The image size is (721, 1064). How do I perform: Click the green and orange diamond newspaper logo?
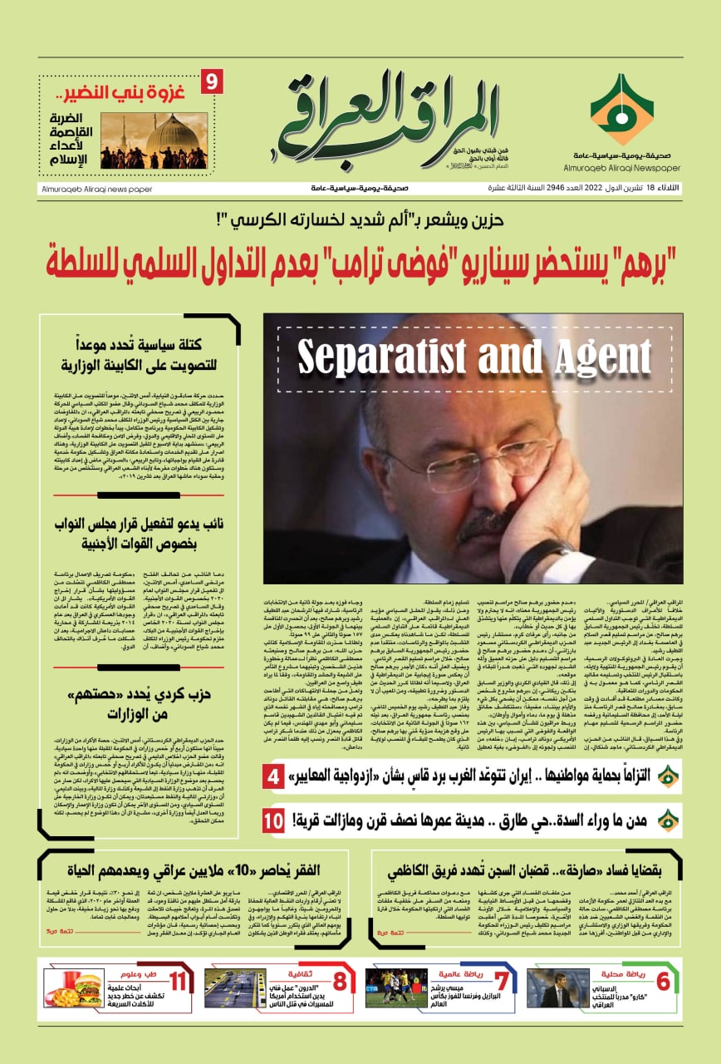[x=621, y=110]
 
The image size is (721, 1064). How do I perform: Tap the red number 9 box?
[x=212, y=82]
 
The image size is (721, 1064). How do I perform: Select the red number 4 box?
[x=273, y=778]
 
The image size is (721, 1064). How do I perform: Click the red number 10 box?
[x=273, y=821]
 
